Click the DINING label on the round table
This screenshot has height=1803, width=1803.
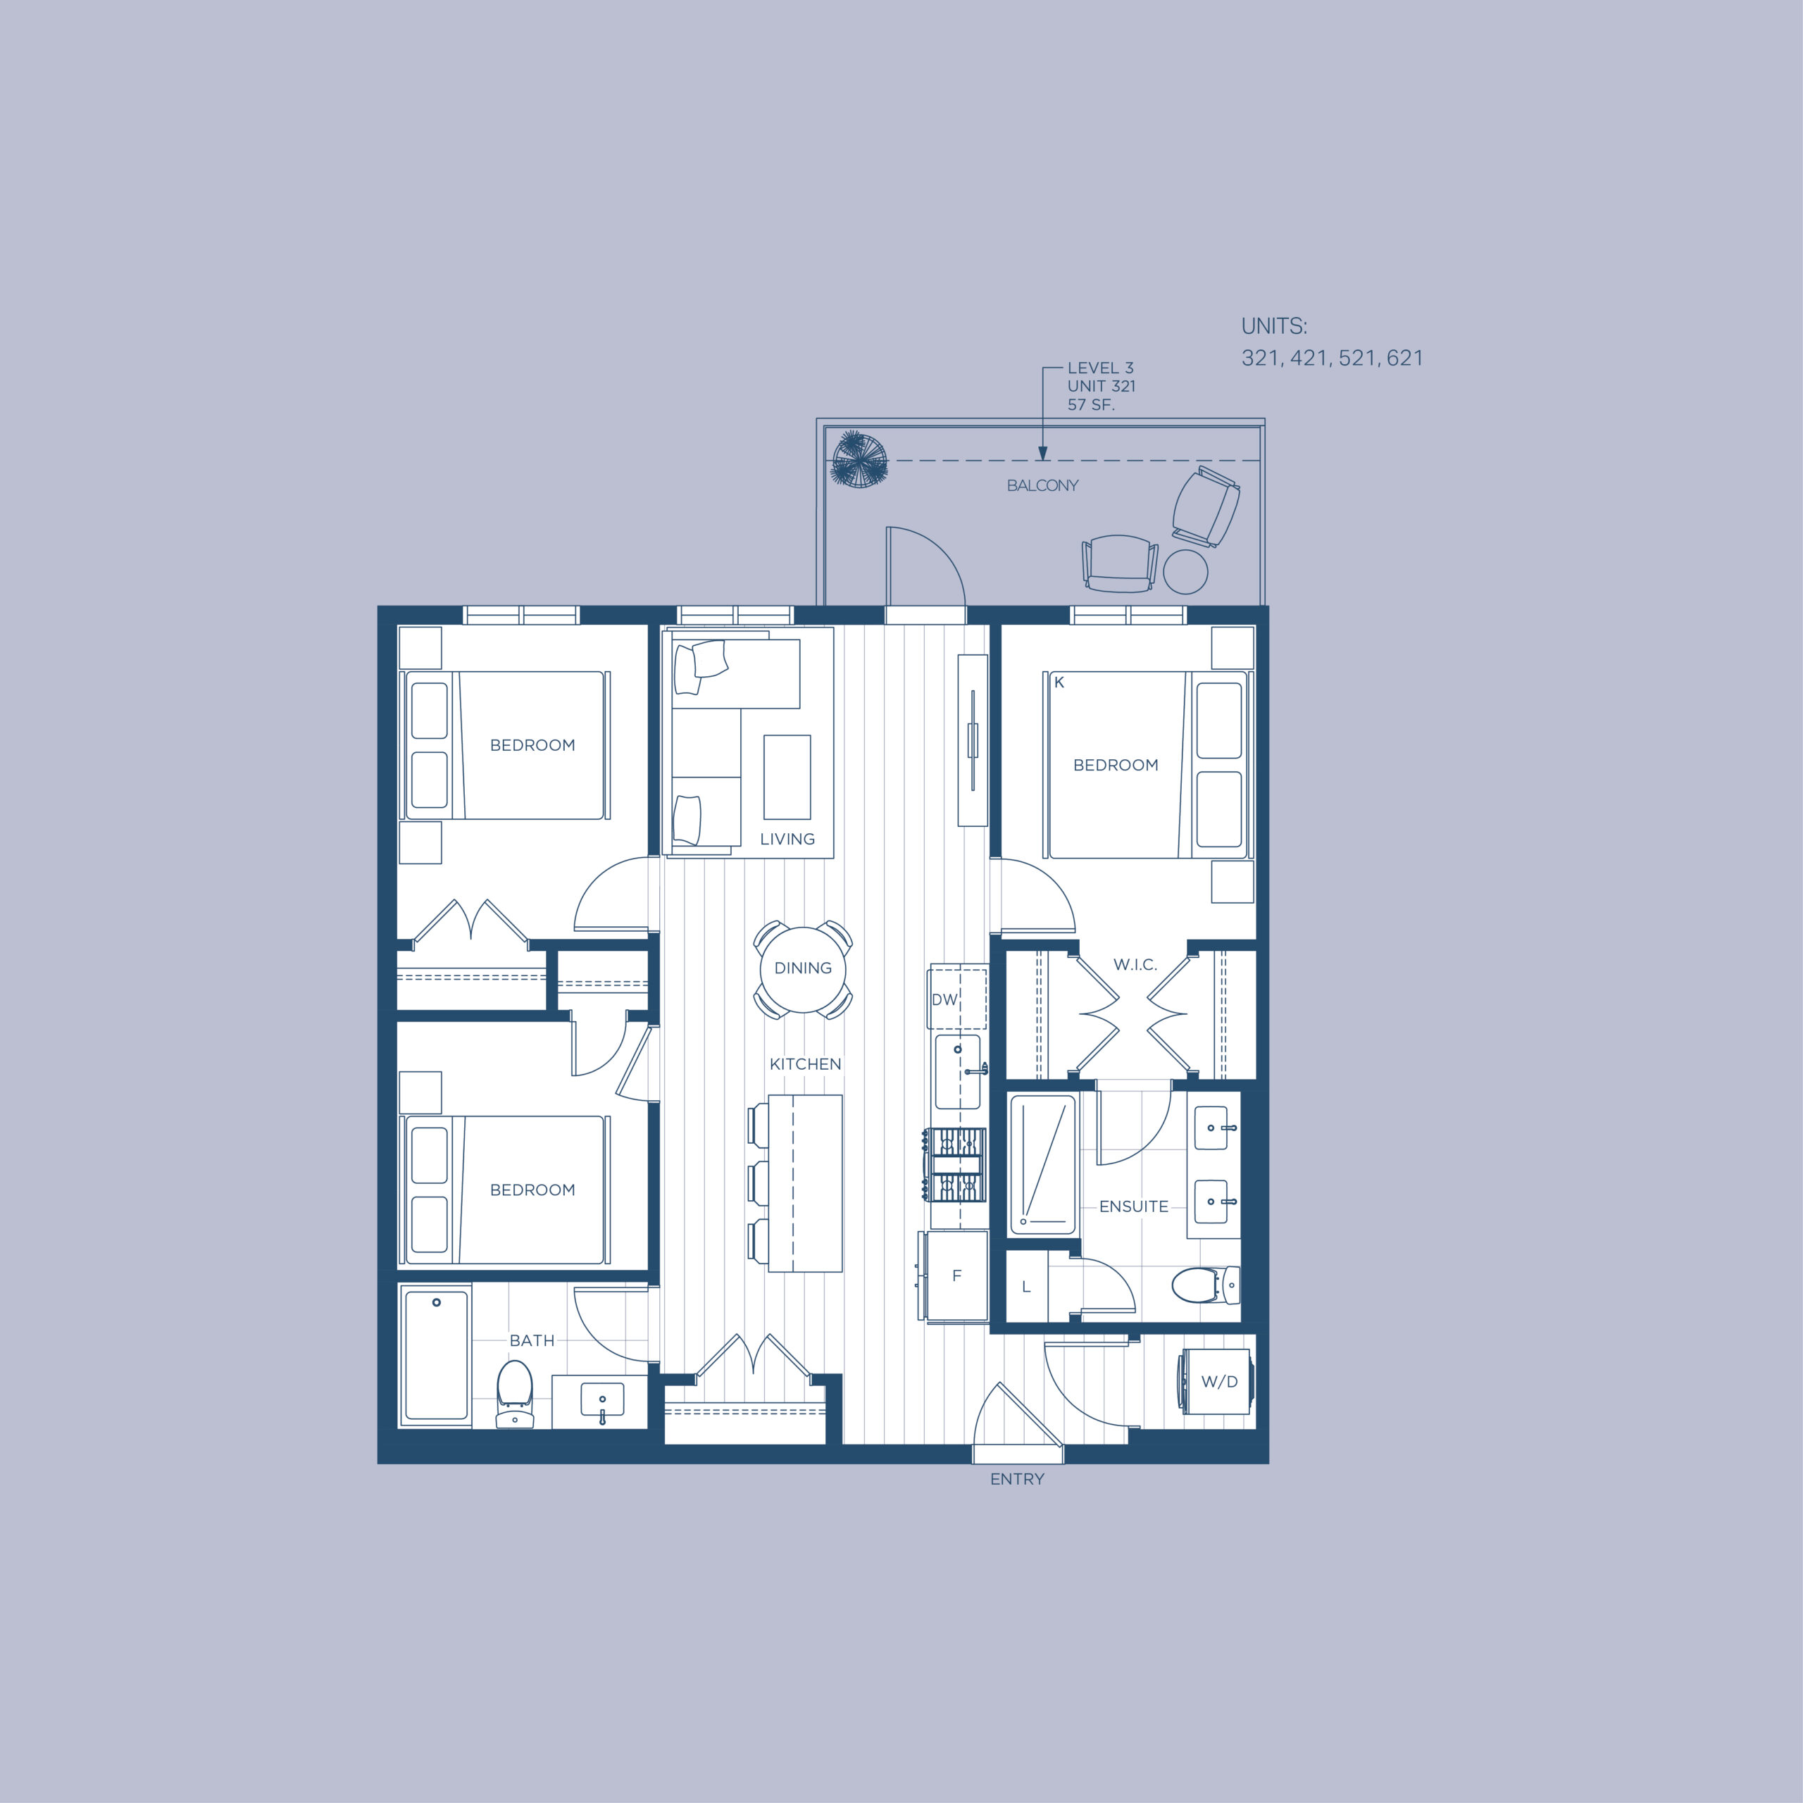tap(803, 968)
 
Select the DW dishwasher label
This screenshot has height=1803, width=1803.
tap(944, 999)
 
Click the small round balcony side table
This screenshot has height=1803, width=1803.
tap(1185, 571)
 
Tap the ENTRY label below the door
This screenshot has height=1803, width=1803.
tap(1017, 1479)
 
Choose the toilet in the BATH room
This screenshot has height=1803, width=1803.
tap(514, 1392)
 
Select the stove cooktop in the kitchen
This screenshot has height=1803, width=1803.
tap(955, 1165)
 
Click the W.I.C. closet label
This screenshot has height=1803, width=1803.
tap(1135, 965)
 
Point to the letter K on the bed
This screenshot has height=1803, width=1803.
tap(1059, 682)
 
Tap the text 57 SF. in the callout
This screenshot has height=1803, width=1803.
tap(1091, 405)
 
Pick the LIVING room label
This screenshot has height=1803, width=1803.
tap(787, 839)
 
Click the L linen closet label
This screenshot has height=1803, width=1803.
tap(1025, 1287)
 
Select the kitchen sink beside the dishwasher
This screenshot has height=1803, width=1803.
tap(958, 1071)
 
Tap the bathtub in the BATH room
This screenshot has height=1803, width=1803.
tap(436, 1355)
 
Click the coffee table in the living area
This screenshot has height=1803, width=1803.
tap(787, 776)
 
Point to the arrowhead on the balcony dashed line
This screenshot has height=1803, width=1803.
tap(1042, 454)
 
